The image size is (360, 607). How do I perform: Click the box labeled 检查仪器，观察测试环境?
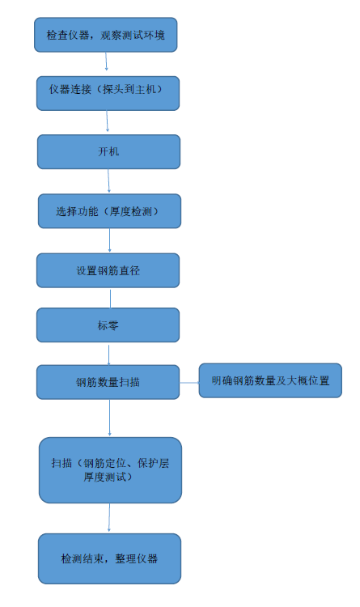click(x=106, y=35)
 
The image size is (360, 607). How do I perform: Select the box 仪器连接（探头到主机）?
click(x=108, y=93)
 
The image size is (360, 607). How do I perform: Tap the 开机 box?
click(x=108, y=152)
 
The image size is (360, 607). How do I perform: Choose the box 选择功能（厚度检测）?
click(x=109, y=211)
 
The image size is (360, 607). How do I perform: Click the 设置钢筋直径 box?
click(x=108, y=270)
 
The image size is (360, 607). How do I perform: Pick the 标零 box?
click(x=108, y=325)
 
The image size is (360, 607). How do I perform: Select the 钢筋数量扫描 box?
click(x=108, y=382)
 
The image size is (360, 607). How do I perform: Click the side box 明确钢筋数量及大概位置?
click(x=270, y=380)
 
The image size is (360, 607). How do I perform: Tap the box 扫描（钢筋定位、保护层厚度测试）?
click(x=110, y=470)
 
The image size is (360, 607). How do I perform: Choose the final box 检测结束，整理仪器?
click(x=109, y=558)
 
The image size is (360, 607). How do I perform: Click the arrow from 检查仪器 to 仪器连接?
click(x=106, y=62)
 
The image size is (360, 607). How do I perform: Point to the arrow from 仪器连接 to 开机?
click(x=108, y=121)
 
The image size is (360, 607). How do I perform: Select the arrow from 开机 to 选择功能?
click(x=108, y=180)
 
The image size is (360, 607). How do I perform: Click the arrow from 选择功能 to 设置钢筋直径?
click(x=109, y=240)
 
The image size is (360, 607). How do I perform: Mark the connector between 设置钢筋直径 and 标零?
click(x=110, y=299)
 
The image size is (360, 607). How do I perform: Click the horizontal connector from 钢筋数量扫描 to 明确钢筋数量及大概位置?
click(x=189, y=383)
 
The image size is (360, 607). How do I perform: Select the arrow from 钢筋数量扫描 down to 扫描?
click(x=109, y=418)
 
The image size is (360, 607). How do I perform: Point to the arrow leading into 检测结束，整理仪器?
click(x=109, y=518)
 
